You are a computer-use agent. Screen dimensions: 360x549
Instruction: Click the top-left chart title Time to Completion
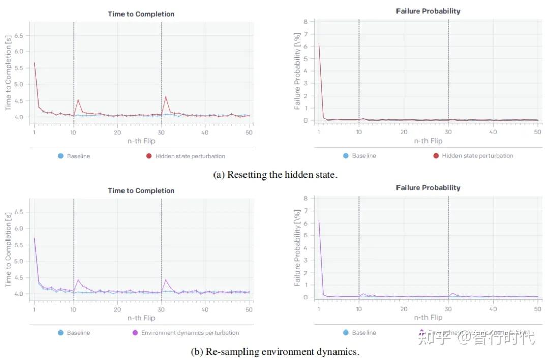[x=141, y=14]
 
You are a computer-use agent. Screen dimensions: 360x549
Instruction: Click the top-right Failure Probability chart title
[x=428, y=11]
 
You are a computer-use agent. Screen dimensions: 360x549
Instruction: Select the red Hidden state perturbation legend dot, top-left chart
[x=149, y=156]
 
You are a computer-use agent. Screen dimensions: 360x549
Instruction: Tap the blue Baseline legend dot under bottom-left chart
[x=60, y=333]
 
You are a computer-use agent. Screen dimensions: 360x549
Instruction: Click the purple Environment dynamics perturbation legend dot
[x=135, y=333]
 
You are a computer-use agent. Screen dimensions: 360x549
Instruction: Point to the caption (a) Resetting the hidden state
[x=275, y=175]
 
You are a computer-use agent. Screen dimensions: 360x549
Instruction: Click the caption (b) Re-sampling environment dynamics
[x=275, y=352]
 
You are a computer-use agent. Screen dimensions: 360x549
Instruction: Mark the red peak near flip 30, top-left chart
[x=166, y=96]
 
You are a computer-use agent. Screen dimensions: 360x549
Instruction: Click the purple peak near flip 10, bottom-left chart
[x=78, y=279]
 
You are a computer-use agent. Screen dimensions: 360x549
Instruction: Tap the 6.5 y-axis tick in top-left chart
[x=19, y=36]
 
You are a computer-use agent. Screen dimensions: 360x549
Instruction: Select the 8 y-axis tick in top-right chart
[x=306, y=22]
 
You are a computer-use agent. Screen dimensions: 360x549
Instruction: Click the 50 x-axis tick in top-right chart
[x=537, y=132]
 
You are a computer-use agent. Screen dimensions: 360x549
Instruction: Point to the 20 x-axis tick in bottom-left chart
[x=117, y=309]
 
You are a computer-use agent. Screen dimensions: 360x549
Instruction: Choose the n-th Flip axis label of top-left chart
[x=141, y=141]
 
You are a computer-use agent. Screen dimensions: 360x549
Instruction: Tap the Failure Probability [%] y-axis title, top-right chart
[x=297, y=71]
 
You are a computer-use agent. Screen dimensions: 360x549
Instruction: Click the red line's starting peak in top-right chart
[x=319, y=44]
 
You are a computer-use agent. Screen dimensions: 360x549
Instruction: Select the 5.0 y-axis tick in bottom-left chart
[x=19, y=261]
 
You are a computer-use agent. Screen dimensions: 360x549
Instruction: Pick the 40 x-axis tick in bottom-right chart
[x=493, y=309]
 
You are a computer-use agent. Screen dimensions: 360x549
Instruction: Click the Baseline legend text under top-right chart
[x=364, y=156]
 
